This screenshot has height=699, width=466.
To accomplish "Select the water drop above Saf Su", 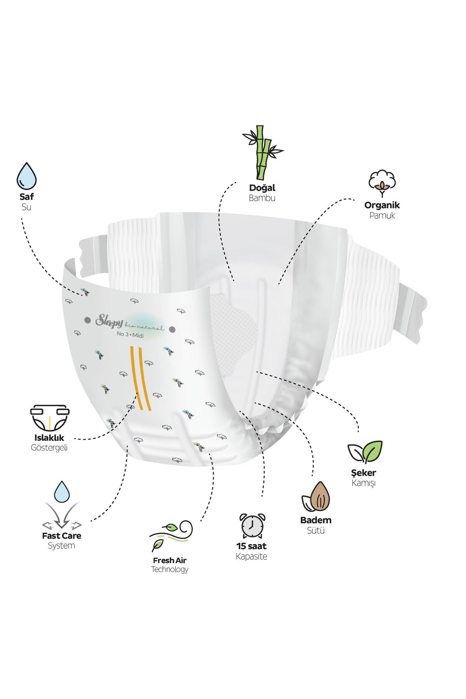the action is (x=26, y=176).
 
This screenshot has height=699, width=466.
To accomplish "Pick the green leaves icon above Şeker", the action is (x=365, y=452).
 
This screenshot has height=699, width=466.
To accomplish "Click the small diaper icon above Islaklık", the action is (x=50, y=418).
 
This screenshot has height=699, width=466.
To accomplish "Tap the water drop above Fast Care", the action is (x=62, y=492).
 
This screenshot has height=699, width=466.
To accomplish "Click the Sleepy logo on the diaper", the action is (x=110, y=321).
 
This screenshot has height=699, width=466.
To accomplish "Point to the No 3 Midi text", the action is (x=130, y=335).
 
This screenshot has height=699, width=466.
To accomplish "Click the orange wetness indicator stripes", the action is (x=140, y=378).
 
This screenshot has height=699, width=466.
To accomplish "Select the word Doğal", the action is (x=262, y=188).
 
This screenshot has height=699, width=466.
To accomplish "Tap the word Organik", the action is (x=382, y=205).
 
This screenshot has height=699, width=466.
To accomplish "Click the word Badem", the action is (x=316, y=520).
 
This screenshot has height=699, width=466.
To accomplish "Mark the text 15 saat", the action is (x=251, y=546).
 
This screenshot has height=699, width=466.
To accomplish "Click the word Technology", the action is (x=170, y=570).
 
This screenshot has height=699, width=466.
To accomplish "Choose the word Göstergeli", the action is (x=49, y=448).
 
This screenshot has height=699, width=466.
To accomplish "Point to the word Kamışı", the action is (x=363, y=483).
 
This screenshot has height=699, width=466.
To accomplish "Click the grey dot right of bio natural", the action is (x=172, y=330).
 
